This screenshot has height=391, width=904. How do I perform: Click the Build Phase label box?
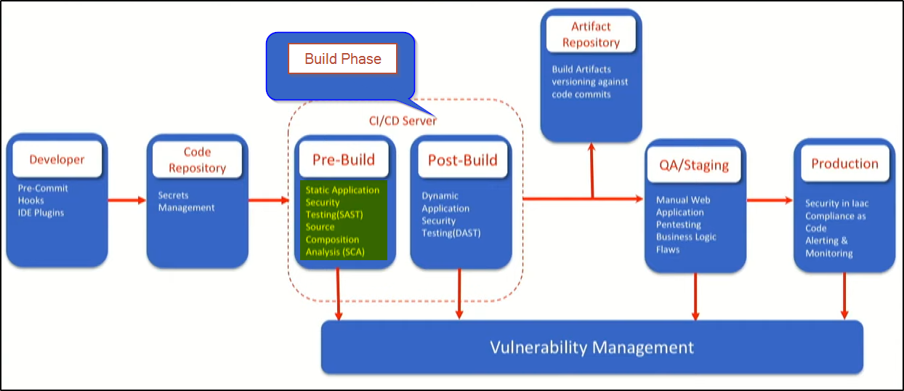click(x=342, y=59)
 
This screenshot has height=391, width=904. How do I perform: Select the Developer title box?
click(x=57, y=160)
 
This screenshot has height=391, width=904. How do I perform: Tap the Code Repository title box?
click(x=197, y=160)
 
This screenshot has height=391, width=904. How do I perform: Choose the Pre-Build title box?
click(x=344, y=160)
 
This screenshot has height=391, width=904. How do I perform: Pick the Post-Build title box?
click(x=462, y=160)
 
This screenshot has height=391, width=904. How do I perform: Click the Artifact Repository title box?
click(x=591, y=34)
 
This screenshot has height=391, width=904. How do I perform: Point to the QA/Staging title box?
click(x=695, y=164)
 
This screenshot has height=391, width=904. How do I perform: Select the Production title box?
click(x=844, y=164)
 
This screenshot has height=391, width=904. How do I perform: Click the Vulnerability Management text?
click(x=592, y=347)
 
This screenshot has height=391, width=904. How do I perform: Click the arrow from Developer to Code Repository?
click(x=127, y=199)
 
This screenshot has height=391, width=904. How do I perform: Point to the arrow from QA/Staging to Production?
click(x=770, y=199)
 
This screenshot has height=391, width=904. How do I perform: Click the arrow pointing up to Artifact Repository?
click(x=592, y=170)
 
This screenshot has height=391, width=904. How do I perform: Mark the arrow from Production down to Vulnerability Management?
click(x=844, y=295)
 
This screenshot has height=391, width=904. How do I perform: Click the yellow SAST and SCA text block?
click(x=344, y=221)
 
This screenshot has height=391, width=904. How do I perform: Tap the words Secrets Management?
click(x=187, y=201)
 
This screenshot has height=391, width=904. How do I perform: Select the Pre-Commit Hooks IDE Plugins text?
click(x=43, y=201)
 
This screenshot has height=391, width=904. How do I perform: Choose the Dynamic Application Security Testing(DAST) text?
click(x=451, y=214)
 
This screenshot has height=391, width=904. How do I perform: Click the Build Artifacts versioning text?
click(x=589, y=81)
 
